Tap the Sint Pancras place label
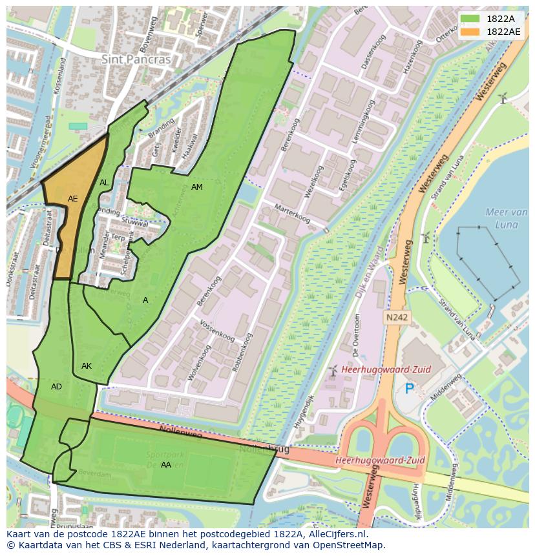[136, 59]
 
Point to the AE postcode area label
[73, 199]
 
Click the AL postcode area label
[104, 183]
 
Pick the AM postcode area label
[197, 187]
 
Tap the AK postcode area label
[87, 366]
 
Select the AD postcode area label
[56, 387]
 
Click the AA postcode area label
[166, 465]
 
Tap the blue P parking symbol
[409, 389]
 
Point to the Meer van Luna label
[506, 218]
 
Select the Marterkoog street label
[293, 214]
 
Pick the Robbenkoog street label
[240, 353]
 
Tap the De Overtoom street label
[357, 335]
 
